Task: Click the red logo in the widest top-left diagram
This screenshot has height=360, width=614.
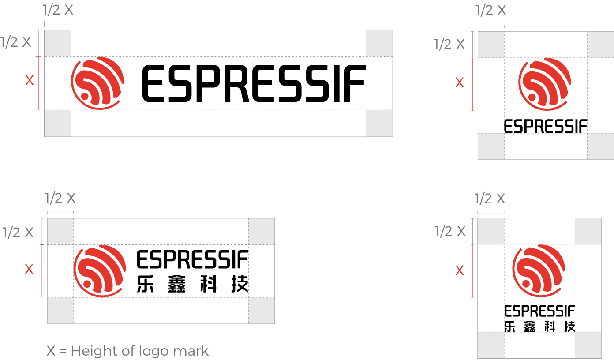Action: [x=97, y=83]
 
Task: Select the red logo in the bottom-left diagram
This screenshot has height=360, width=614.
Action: [x=100, y=271]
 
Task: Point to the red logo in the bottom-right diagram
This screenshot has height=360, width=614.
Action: [x=539, y=271]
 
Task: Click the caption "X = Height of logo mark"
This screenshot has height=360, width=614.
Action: [x=127, y=351]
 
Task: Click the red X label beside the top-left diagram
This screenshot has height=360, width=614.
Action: [x=29, y=80]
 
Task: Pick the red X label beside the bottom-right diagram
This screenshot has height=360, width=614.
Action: [x=460, y=270]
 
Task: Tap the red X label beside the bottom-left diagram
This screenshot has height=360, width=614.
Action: [x=29, y=269]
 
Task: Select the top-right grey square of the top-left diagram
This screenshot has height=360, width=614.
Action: [x=379, y=43]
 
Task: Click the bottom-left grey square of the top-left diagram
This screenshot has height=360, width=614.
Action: [x=58, y=123]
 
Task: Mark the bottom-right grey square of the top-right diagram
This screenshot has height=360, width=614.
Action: [x=600, y=146]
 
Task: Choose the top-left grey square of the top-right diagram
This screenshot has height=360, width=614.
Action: [x=491, y=45]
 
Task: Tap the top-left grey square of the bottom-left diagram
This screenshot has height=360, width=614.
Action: [x=60, y=231]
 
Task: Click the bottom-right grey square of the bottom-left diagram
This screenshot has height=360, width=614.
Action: [x=261, y=311]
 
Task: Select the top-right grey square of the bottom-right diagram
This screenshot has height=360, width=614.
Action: [x=588, y=231]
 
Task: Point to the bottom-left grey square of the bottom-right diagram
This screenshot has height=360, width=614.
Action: [x=491, y=345]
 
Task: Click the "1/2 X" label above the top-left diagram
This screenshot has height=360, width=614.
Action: [x=58, y=10]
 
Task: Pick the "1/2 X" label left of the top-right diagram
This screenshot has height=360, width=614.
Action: [x=449, y=44]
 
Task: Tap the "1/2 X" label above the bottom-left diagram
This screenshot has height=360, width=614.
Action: [x=60, y=199]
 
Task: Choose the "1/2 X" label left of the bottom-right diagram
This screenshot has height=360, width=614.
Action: [x=450, y=231]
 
